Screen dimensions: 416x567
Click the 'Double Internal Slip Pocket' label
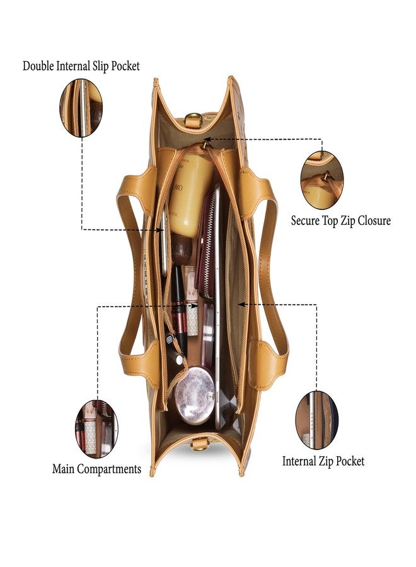pos(81,66)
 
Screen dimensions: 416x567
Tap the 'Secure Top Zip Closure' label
pos(341,220)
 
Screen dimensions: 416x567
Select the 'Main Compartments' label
pos(96,469)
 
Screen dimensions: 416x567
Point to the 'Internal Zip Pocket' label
pos(323,461)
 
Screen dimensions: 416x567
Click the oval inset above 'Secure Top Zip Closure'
pos(322,180)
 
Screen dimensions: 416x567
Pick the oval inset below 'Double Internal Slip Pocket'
pos(81,108)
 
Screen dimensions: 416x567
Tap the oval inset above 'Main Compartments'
pos(96,429)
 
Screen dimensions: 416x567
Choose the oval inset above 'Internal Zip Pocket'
pos(317,420)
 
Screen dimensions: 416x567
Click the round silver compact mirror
pos(195,395)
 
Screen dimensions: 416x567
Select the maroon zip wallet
pos(206,246)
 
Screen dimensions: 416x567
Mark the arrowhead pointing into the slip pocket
pos(160,229)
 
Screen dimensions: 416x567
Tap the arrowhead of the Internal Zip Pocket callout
pos(241,304)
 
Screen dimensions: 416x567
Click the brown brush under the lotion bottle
pos(182,248)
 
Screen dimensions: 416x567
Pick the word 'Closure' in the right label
pos(374,220)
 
